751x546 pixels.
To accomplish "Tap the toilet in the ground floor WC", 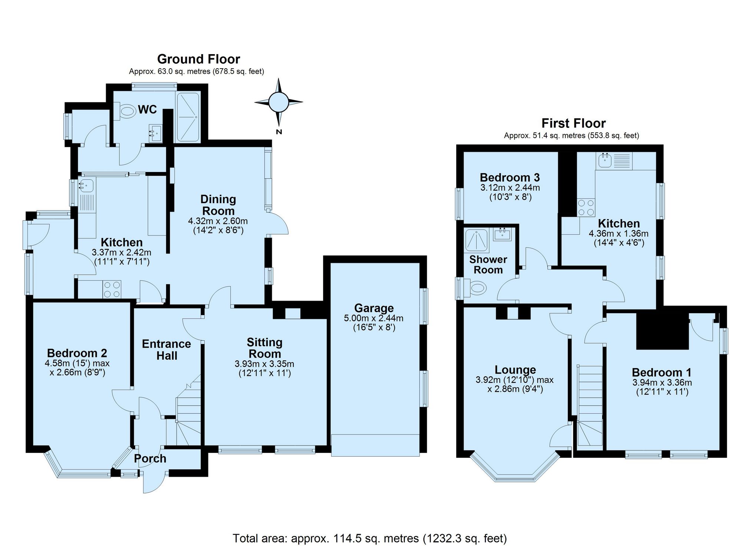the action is pyautogui.click(x=126, y=110).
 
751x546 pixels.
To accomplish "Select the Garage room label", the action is pyautogui.click(x=374, y=308).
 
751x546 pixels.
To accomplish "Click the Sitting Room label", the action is pyautogui.click(x=264, y=348).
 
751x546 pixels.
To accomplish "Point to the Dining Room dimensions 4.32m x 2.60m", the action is pyautogui.click(x=218, y=221).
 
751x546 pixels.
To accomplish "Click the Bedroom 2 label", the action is pyautogui.click(x=77, y=353).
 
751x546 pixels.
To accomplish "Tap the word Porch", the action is pyautogui.click(x=150, y=459).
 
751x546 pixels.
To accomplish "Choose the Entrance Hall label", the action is pyautogui.click(x=167, y=350).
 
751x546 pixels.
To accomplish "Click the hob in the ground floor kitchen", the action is pyautogui.click(x=112, y=289).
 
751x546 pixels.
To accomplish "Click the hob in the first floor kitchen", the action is pyautogui.click(x=586, y=208).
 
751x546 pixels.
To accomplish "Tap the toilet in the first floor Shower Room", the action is pyautogui.click(x=476, y=288).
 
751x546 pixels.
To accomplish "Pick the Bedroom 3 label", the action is pyautogui.click(x=510, y=178).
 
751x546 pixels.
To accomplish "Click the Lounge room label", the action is pyautogui.click(x=515, y=370).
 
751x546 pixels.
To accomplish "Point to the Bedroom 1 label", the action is pyautogui.click(x=662, y=372).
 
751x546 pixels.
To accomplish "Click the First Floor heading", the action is pyautogui.click(x=573, y=123).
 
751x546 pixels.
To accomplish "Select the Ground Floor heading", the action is pyautogui.click(x=198, y=59).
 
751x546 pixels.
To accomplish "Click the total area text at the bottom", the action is pyautogui.click(x=370, y=538).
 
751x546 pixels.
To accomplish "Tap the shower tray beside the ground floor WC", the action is pyautogui.click(x=188, y=117).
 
